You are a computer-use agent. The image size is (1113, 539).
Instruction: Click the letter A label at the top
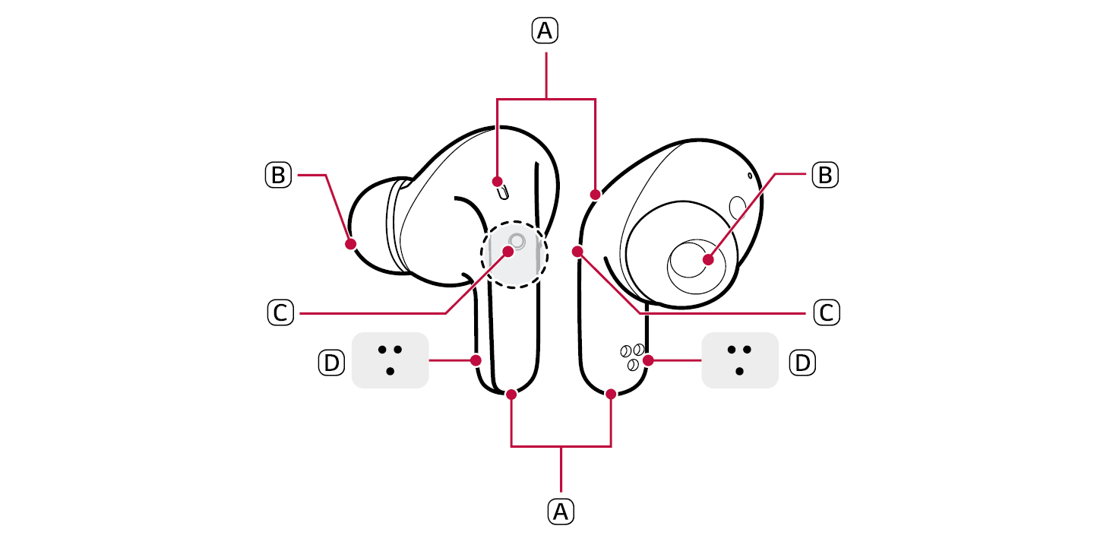[x=545, y=30]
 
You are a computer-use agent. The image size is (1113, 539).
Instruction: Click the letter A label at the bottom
[x=561, y=512]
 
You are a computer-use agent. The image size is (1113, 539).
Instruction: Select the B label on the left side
[x=278, y=175]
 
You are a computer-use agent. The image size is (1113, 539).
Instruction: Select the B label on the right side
[x=825, y=175]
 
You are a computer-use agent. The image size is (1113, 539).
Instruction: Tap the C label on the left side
[x=280, y=312]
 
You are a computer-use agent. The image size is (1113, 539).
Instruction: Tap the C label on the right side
[x=827, y=312]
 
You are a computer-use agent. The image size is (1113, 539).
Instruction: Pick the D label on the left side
[x=331, y=363]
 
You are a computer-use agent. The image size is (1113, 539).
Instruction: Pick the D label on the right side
[x=802, y=363]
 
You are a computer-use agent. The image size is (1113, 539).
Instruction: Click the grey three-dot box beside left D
[x=390, y=360]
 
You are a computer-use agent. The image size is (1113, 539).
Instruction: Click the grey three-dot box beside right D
[x=740, y=360]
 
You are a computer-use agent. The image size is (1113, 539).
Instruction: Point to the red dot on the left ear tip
[x=351, y=244]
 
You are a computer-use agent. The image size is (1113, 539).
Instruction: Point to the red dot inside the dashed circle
[x=507, y=252]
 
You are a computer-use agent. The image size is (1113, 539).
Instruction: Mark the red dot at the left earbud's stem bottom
[x=511, y=395]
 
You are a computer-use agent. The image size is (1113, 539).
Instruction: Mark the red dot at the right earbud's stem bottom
[x=611, y=395]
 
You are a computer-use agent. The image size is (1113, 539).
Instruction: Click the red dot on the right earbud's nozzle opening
[x=709, y=259]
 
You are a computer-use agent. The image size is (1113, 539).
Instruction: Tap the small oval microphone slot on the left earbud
[x=504, y=192]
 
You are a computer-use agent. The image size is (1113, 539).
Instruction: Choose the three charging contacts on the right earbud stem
[x=633, y=357]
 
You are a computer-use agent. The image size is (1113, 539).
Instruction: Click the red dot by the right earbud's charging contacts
[x=648, y=360]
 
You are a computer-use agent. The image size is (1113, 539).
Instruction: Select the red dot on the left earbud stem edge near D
[x=476, y=360]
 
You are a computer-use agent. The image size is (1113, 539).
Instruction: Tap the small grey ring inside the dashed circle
[x=517, y=242]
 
